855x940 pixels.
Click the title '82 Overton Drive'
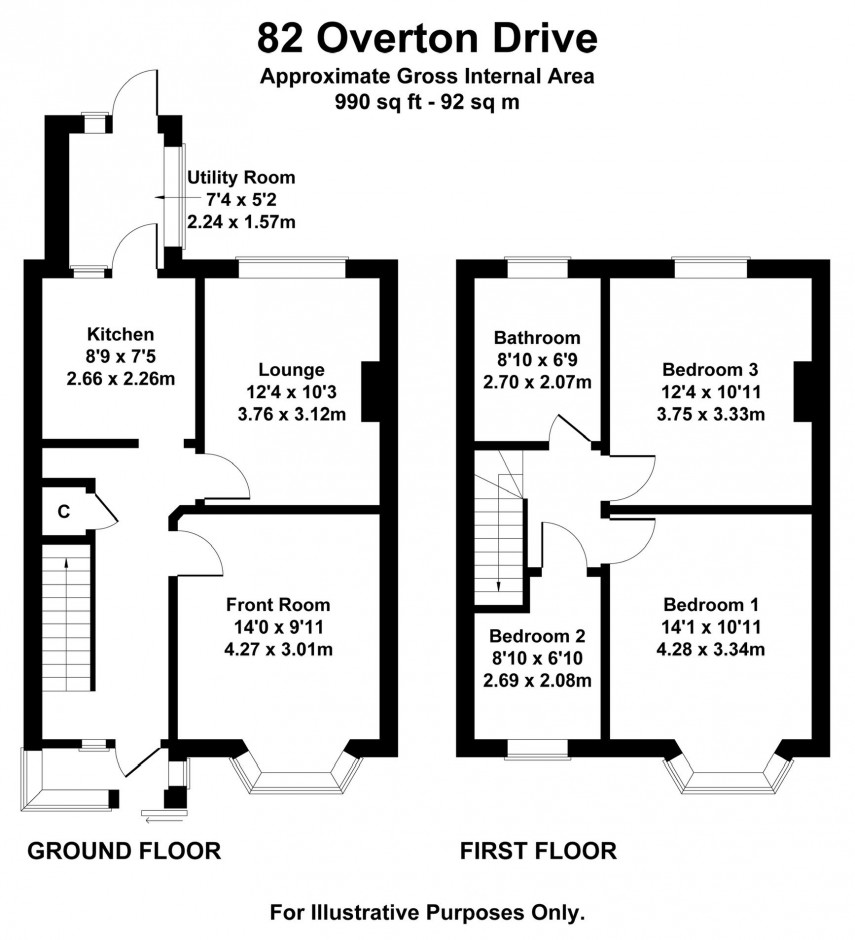tap(427, 38)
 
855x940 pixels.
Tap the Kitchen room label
tap(120, 334)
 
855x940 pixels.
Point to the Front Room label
tap(277, 605)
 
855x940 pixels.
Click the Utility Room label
tap(241, 177)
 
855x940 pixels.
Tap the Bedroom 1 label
tap(711, 605)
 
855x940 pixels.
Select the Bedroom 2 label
tap(537, 636)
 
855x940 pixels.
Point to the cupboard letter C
tap(63, 512)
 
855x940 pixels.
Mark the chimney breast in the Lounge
tap(371, 391)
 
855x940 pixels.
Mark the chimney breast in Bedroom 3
tap(803, 391)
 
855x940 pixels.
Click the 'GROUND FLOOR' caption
tap(123, 851)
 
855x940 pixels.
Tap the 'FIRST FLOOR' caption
tap(538, 851)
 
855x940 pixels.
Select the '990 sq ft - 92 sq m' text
tap(427, 101)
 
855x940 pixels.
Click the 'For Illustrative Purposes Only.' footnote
tap(427, 912)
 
